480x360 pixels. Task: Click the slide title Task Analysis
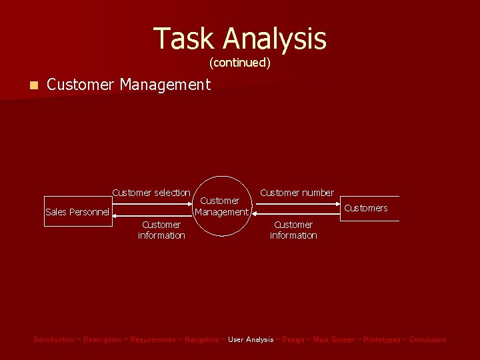240,39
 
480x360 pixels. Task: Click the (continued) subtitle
240,63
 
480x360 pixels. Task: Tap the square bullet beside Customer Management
34,85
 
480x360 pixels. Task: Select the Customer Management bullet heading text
129,85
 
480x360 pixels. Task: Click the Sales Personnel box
77,212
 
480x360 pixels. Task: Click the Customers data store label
365,208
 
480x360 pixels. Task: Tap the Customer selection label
151,193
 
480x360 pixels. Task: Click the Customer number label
297,193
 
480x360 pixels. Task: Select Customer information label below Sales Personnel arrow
161,230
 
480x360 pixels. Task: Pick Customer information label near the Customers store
293,230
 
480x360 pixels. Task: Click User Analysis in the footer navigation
251,340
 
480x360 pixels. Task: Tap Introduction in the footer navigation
54,340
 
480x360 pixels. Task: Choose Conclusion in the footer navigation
427,340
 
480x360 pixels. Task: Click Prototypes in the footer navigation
382,340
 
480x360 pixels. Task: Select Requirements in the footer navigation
153,340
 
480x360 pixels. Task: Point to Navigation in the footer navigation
201,340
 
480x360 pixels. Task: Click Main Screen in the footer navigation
333,340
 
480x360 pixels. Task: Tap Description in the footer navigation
102,340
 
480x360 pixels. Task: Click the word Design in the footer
293,340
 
